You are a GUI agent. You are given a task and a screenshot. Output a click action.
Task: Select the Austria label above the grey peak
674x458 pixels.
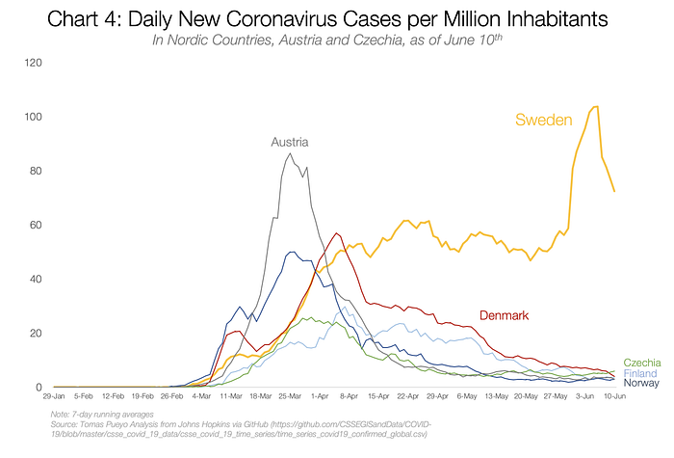pos(290,142)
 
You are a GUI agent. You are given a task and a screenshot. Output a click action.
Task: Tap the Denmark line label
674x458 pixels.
pos(505,316)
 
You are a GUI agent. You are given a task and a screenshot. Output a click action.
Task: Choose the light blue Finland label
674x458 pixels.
pos(642,372)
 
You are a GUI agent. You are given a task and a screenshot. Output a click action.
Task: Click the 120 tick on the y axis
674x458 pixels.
pos(34,64)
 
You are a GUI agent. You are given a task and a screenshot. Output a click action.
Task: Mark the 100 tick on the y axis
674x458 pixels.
pos(34,118)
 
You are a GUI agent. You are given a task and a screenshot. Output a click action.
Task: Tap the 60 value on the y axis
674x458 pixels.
pos(36,226)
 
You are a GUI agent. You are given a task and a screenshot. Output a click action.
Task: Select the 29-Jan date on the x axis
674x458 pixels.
pos(54,396)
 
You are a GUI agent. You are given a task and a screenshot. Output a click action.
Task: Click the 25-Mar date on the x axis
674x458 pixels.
pos(292,396)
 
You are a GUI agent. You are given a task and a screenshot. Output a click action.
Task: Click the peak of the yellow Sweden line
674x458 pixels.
pos(597,106)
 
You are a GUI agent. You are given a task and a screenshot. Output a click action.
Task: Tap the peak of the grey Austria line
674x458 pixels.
pos(292,153)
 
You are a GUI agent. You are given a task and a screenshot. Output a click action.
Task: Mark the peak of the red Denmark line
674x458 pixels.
pos(336,232)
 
